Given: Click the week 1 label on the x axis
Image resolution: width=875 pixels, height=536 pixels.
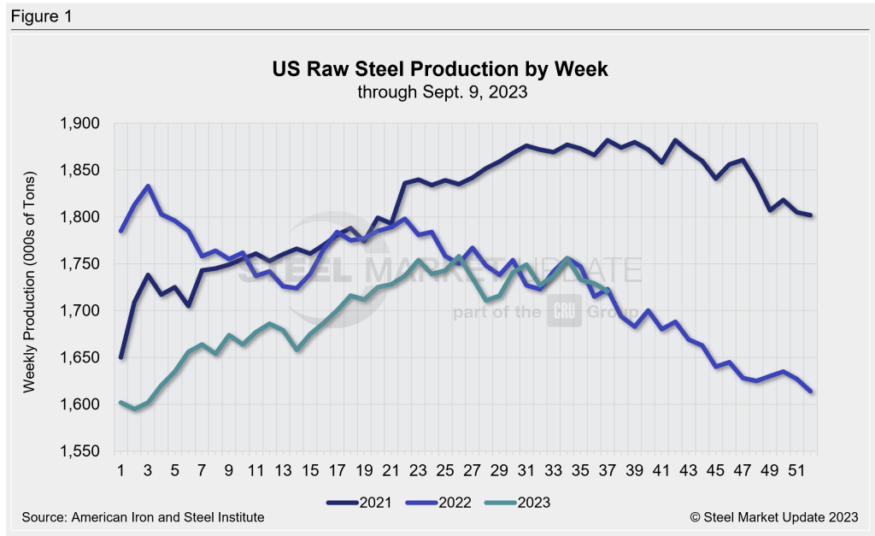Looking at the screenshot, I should pyautogui.click(x=121, y=469).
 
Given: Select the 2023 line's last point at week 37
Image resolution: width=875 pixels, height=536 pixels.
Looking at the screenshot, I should pyautogui.click(x=607, y=292).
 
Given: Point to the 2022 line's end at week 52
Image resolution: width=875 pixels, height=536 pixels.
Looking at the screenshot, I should pyautogui.click(x=810, y=392).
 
